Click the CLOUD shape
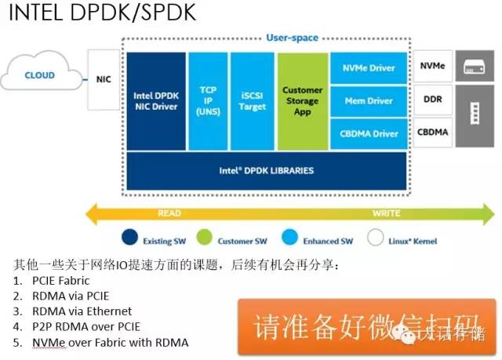tap(39, 76)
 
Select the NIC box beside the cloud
tap(104, 79)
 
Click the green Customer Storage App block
tap(302, 101)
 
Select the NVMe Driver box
tap(368, 68)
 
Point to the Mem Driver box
tap(368, 101)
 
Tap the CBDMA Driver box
tap(368, 134)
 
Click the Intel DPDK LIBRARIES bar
tap(267, 169)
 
